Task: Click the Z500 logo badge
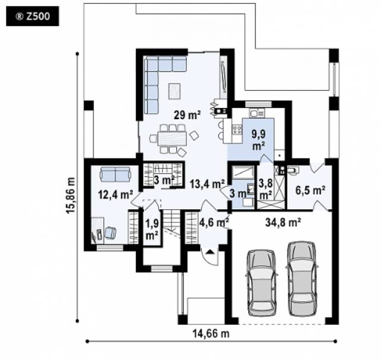pos(32,16)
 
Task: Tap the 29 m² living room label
pos(187,115)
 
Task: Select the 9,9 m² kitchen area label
pos(258,140)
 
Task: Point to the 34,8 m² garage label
pos(283,222)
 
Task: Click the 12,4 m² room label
pos(115,194)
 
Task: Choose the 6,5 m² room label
pos(310,190)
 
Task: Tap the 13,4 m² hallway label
pos(207,184)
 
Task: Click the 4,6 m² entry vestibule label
pos(214,222)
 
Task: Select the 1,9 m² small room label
pos(152,229)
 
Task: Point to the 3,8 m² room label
pos(265,190)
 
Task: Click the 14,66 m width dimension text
pos(211,334)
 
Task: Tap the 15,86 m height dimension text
pos(71,195)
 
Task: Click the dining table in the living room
pos(172,138)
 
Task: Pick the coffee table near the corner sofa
pos(174,91)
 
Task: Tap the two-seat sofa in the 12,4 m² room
pos(115,174)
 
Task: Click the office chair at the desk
pos(110,232)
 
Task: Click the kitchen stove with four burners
pos(237,129)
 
